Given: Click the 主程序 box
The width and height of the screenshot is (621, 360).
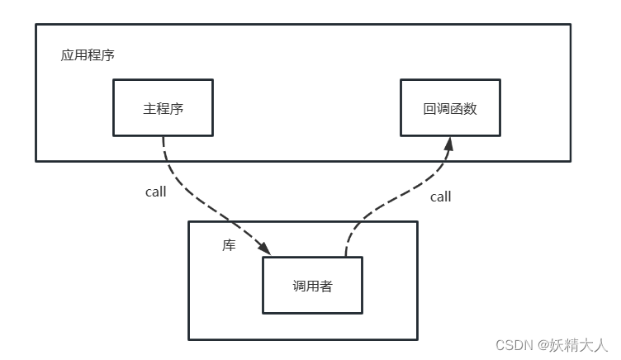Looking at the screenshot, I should click(163, 107).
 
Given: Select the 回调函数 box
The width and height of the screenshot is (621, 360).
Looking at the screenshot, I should click(450, 107).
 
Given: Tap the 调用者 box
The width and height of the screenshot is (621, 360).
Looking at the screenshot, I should click(312, 286).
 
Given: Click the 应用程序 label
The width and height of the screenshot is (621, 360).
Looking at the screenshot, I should click(88, 56).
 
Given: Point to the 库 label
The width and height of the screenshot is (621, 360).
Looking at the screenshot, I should click(229, 246).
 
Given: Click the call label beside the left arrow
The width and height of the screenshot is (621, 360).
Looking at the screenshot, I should click(155, 192).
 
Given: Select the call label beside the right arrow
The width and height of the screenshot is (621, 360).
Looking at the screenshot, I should click(441, 197).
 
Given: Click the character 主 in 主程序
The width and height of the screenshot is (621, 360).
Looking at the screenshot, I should click(149, 108).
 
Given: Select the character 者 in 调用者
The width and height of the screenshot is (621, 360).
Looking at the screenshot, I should click(326, 287).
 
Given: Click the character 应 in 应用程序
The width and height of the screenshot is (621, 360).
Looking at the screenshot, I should click(67, 56).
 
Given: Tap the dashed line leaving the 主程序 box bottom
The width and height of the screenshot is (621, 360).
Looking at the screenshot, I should click(164, 149).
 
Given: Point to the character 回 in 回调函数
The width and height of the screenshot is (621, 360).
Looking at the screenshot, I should click(429, 108).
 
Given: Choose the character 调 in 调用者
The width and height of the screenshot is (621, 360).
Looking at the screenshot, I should click(299, 287).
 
